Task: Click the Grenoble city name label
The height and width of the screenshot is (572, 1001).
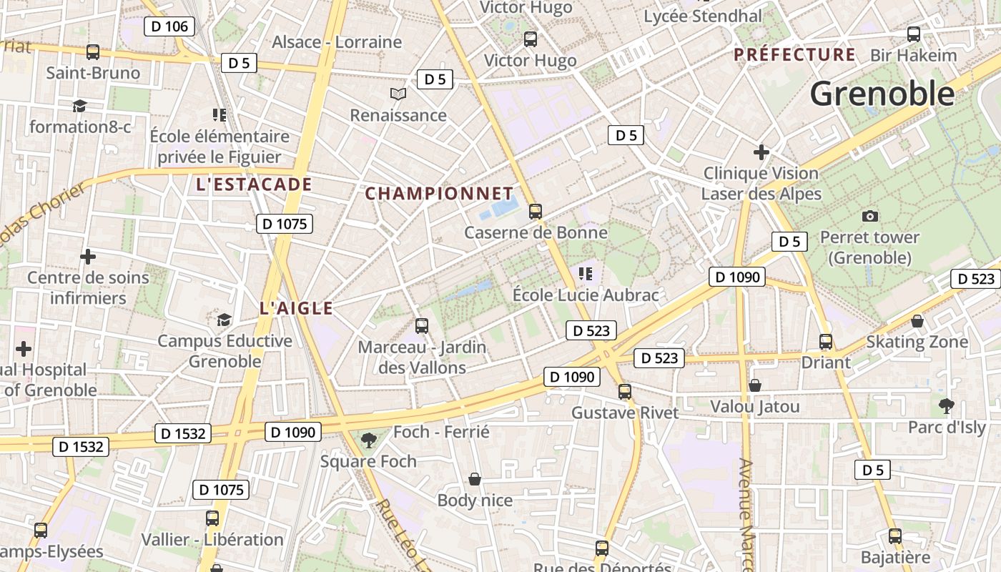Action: point(882,94)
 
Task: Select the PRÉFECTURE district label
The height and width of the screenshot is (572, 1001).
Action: point(794,54)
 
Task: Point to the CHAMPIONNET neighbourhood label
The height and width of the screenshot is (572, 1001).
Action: point(439,194)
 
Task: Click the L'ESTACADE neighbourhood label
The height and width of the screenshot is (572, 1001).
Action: point(254,184)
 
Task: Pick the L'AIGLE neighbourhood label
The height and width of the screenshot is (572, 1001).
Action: point(297,308)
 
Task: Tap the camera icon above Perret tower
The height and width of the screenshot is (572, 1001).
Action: point(870,216)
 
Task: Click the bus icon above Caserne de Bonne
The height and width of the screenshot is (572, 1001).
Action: point(535,211)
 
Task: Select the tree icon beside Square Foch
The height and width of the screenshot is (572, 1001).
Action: point(368,440)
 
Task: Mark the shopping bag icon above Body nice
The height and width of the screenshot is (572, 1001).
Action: point(475,479)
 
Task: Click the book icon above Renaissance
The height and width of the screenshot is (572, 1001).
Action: point(398,94)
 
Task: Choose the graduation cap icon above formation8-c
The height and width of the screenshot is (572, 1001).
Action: point(79,106)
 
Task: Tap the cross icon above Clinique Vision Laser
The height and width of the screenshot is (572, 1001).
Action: point(761,152)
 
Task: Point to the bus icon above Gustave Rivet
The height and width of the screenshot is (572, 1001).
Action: point(625,391)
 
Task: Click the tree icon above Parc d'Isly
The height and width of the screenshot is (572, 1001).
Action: point(947,406)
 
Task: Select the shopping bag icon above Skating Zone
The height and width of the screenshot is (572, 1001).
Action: point(917,321)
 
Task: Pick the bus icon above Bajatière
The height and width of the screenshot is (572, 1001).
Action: point(895,536)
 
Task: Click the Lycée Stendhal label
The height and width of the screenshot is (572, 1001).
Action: point(702,16)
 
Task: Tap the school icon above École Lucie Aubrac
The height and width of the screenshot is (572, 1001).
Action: point(586,273)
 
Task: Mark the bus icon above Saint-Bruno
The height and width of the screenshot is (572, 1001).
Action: point(93,51)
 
